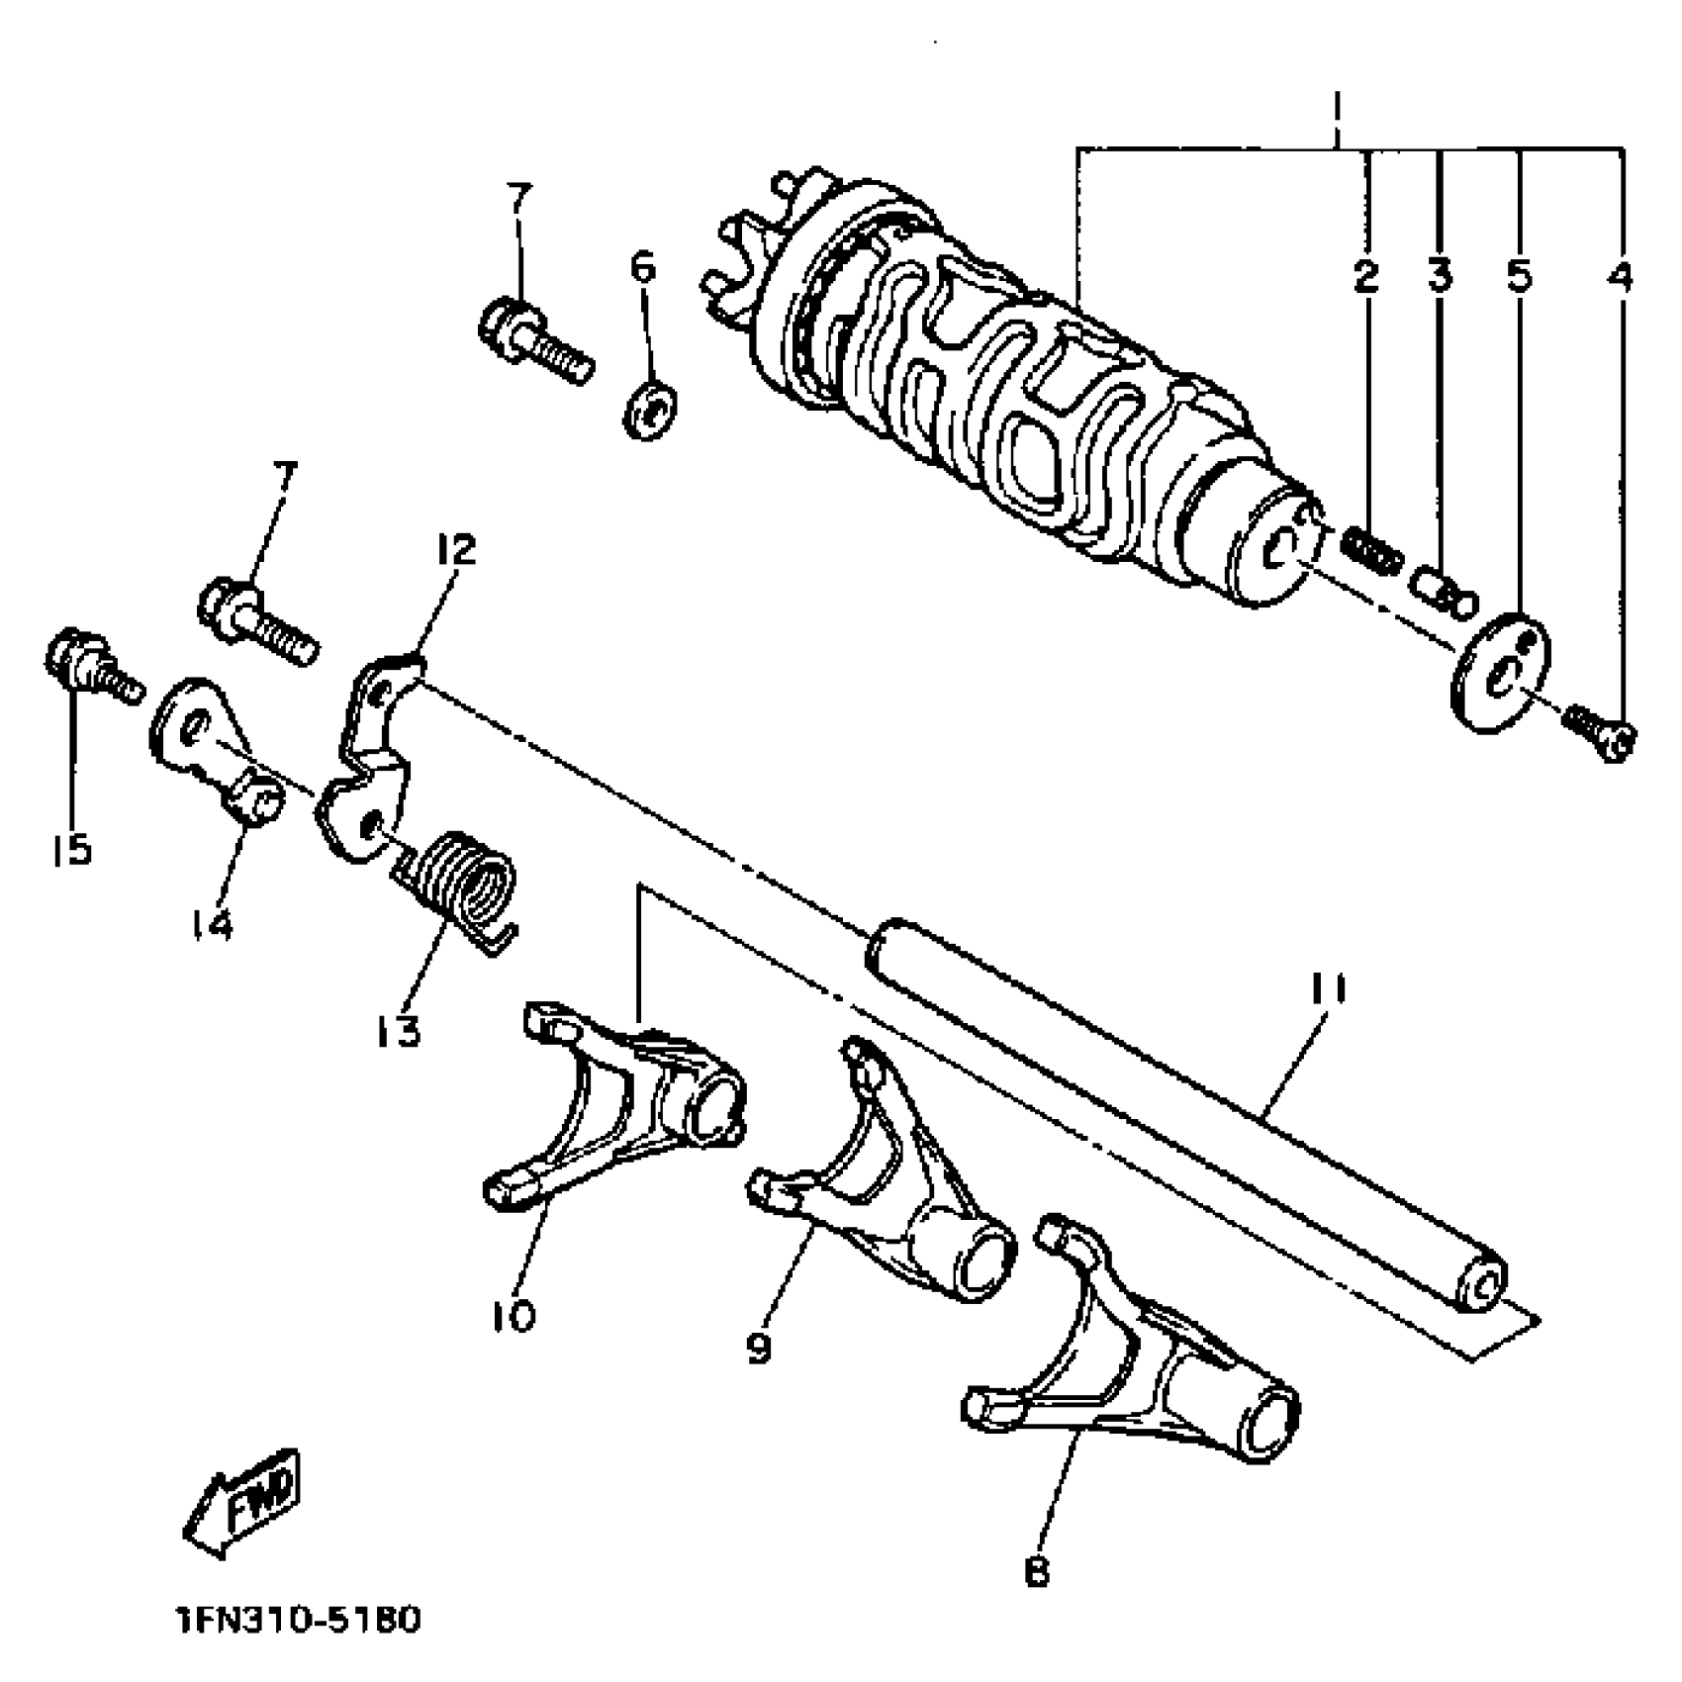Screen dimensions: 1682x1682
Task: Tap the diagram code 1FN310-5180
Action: click(x=296, y=1621)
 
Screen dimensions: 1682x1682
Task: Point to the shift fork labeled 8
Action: click(x=1138, y=1375)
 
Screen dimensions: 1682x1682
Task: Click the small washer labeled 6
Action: click(x=651, y=406)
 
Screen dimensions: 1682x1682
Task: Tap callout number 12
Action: click(x=452, y=548)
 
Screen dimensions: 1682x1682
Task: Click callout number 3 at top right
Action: click(x=1440, y=275)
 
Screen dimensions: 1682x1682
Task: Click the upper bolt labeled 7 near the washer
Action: click(x=534, y=341)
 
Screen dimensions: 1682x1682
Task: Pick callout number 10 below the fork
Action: click(x=514, y=1315)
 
